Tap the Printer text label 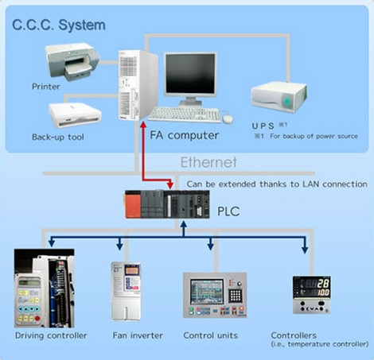coord(45,86)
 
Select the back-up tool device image coord(76,115)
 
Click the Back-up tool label coord(57,137)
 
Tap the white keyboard coord(184,114)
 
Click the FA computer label coord(185,135)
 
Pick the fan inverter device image coord(127,291)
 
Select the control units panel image coord(214,295)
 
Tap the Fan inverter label coord(127,335)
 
